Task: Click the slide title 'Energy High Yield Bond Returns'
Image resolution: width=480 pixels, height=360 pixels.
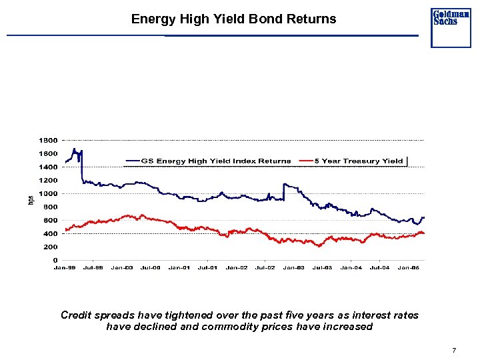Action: coord(233,19)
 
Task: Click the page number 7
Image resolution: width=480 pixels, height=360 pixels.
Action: coord(453,350)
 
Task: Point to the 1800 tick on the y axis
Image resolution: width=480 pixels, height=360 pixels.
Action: coord(47,141)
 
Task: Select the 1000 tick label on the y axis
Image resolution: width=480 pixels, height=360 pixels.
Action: coord(47,194)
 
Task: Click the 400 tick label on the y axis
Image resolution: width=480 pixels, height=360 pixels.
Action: coord(49,234)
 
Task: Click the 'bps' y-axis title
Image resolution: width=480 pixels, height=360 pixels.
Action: coord(30,200)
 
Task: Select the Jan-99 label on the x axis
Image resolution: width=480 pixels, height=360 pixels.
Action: coord(65,268)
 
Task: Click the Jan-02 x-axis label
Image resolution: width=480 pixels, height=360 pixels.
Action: coord(237,268)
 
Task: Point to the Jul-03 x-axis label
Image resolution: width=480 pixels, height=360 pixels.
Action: coord(323,268)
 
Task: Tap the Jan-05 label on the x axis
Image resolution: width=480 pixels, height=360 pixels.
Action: coord(409,268)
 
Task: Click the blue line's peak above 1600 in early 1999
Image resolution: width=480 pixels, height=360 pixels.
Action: coord(74,149)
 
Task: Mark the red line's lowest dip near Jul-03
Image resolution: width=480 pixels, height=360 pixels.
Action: coord(320,246)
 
